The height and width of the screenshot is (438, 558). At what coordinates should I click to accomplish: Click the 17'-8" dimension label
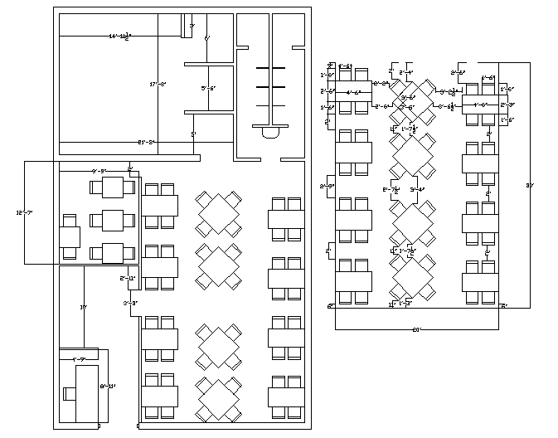tap(158, 85)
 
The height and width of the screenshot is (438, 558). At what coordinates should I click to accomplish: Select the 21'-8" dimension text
tap(147, 143)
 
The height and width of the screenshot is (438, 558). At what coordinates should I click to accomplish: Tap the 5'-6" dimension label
tap(208, 88)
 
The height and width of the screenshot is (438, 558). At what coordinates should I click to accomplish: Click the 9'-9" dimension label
tap(99, 171)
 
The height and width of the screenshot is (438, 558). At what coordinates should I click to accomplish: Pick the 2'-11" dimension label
tap(128, 278)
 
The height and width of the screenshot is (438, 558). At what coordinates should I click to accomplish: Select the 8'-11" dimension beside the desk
tap(108, 386)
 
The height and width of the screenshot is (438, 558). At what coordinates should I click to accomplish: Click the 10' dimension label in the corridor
tap(83, 308)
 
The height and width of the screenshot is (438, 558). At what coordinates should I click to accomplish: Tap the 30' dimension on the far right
tap(530, 185)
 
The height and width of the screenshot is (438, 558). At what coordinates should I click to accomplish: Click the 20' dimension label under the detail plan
tap(416, 330)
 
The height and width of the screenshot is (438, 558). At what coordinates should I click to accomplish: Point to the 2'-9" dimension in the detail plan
tap(327, 187)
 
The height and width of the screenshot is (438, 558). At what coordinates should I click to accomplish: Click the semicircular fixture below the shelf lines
tap(270, 131)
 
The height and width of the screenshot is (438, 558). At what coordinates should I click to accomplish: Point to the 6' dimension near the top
tap(207, 39)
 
